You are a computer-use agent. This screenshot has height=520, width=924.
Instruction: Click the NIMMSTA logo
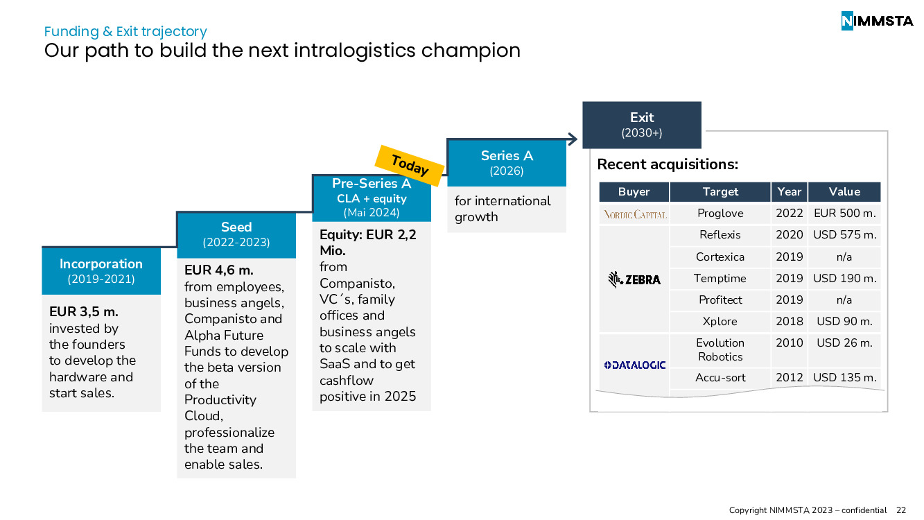[877, 21]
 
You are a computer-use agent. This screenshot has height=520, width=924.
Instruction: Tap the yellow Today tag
[410, 165]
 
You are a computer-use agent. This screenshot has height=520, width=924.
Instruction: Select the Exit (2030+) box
[642, 125]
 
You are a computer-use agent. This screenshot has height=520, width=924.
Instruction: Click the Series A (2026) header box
[507, 163]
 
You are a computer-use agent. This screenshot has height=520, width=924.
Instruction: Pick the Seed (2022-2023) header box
[236, 235]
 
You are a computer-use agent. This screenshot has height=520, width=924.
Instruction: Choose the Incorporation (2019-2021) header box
[101, 270]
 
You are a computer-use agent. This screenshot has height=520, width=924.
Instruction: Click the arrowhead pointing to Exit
[573, 139]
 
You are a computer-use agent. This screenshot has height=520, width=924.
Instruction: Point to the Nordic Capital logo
[635, 215]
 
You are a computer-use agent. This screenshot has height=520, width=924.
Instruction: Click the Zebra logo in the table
[634, 279]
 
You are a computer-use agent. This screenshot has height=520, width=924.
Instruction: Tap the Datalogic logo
[634, 365]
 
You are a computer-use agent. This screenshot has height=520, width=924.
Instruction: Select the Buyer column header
[634, 191]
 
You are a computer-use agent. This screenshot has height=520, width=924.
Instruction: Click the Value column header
[844, 191]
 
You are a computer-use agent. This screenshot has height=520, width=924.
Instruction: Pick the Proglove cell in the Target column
[720, 213]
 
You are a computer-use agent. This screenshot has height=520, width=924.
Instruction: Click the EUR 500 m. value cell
[844, 213]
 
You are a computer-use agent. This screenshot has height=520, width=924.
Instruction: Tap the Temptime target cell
[720, 278]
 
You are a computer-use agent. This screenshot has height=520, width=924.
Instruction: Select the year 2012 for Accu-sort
[789, 377]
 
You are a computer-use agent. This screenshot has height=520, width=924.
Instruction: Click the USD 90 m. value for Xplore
[844, 321]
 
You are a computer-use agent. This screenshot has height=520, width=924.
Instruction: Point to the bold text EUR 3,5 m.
[84, 311]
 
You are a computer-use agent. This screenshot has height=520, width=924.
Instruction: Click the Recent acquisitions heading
[668, 164]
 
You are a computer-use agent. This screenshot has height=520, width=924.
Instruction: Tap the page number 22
[901, 510]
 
